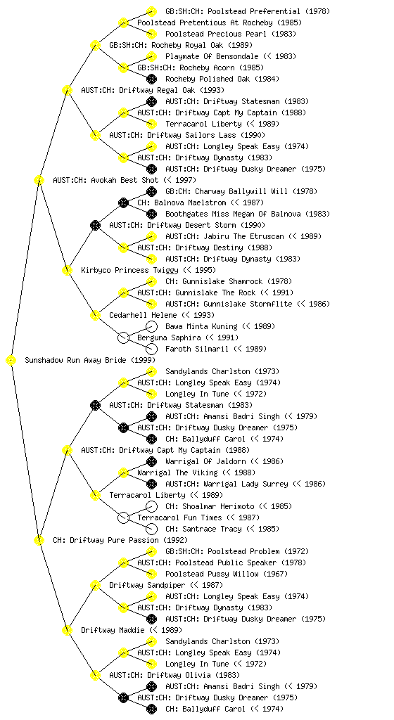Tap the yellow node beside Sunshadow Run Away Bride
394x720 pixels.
coord(11,361)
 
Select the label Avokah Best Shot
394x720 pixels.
coord(106,180)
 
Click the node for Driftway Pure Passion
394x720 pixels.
coord(39,540)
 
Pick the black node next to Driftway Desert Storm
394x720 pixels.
coord(95,225)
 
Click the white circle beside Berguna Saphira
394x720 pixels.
coord(123,337)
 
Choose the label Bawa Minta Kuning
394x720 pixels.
coord(201,326)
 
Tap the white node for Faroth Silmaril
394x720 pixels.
coord(151,349)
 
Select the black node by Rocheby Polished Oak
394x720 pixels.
coord(151,79)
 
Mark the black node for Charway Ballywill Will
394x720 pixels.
coord(151,191)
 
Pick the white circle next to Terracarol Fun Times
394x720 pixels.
coord(123,517)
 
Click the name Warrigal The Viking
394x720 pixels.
coord(177,472)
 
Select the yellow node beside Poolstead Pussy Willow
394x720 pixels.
coord(151,574)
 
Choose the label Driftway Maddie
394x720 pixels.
coord(113,630)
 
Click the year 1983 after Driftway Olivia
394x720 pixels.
coord(227,675)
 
